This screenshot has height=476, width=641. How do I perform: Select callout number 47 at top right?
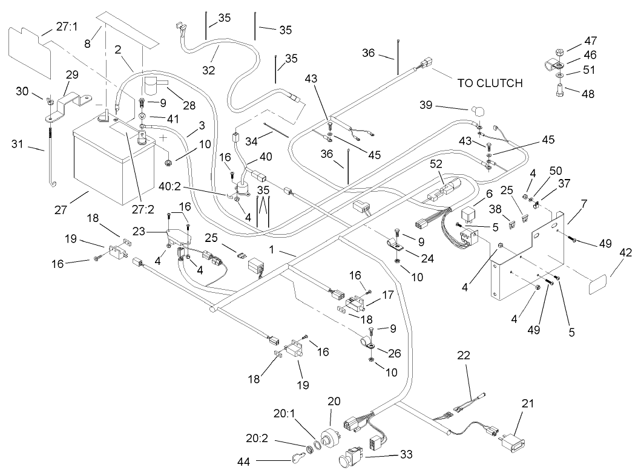pyautogui.click(x=591, y=41)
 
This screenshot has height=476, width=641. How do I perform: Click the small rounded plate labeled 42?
pyautogui.click(x=599, y=284)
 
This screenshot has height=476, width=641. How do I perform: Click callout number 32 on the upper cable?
pyautogui.click(x=208, y=70)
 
